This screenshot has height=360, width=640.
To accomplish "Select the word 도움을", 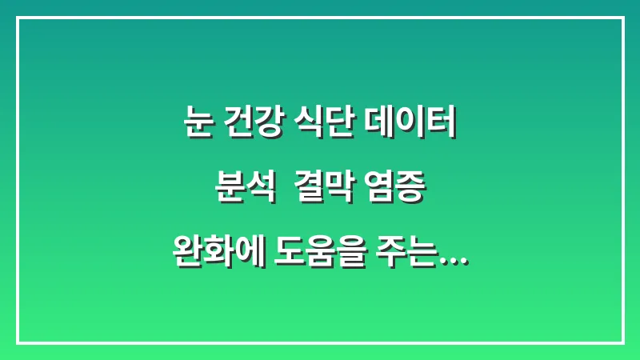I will click(319, 256).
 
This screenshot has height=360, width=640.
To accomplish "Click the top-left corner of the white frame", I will click(18, 18).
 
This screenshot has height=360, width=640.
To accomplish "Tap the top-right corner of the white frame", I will click(622, 18).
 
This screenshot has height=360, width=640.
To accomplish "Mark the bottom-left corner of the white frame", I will click(18, 342).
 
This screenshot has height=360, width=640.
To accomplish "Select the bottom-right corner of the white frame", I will click(622, 342).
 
